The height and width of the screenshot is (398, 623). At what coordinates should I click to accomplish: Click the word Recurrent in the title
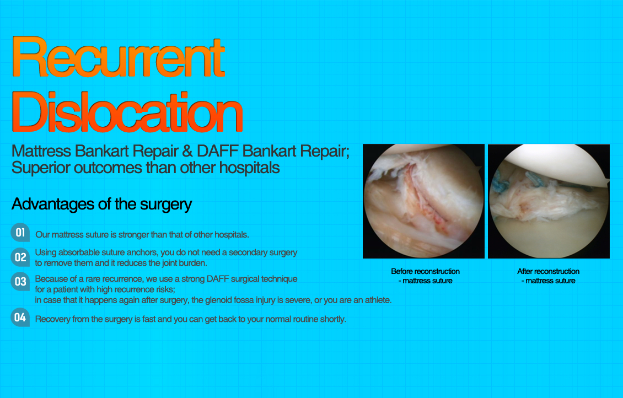click(118, 57)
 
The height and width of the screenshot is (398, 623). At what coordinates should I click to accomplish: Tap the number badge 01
click(20, 233)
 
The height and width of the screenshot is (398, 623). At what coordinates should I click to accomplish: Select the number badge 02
click(20, 257)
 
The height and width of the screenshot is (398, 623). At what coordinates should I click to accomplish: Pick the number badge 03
click(20, 282)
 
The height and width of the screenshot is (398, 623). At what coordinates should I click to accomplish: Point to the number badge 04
click(20, 318)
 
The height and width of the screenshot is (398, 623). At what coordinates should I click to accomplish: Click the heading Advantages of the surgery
click(101, 204)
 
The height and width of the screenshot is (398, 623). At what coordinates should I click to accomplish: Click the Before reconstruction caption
click(425, 271)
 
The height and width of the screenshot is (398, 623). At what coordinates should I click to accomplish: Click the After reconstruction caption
click(548, 271)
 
